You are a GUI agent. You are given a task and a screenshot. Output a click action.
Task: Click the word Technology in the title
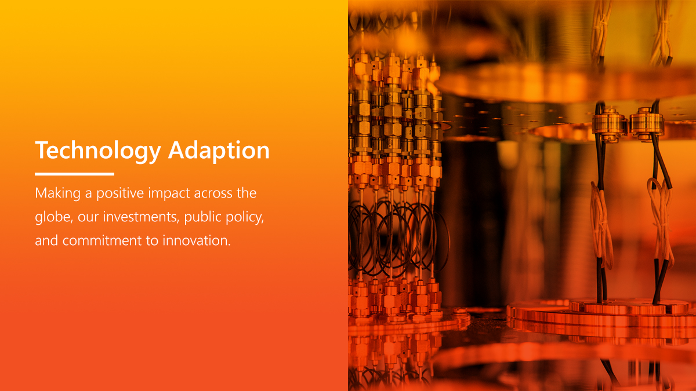(97, 151)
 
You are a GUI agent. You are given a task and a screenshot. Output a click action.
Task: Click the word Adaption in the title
(219, 151)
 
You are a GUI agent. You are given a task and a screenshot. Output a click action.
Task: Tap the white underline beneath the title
(74, 174)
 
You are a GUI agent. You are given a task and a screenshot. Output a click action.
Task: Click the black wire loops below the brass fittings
(394, 237)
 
